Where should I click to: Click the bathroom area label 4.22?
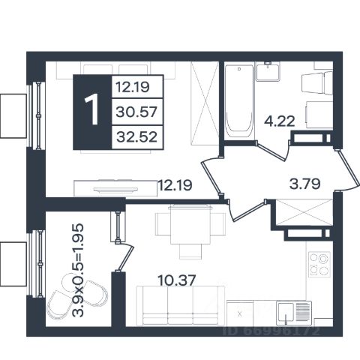[280, 121]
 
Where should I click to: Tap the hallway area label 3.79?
[304, 184]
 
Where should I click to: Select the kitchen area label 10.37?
[176, 280]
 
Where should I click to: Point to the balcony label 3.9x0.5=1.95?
[77, 271]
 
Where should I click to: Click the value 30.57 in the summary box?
[136, 112]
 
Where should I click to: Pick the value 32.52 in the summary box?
[137, 137]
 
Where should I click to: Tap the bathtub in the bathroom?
[239, 101]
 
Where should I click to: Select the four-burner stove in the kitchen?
[319, 264]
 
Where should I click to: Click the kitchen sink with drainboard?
[294, 311]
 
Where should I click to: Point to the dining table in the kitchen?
[190, 224]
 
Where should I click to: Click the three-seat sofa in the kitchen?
[180, 306]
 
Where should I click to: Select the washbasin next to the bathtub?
[268, 71]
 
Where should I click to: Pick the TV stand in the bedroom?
[115, 188]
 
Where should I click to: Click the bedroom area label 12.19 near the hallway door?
[175, 185]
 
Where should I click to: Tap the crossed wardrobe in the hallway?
[304, 212]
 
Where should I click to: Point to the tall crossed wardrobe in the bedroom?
[205, 103]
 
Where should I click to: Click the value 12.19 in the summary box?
[133, 87]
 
